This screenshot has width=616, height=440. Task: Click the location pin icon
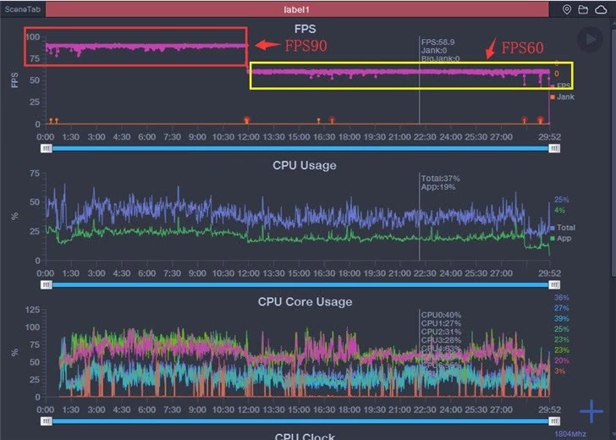(x=567, y=9)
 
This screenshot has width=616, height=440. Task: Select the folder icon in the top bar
(x=583, y=9)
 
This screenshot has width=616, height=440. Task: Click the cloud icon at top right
(x=600, y=9)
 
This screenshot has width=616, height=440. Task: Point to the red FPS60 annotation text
(x=522, y=48)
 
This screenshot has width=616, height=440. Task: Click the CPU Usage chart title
(x=304, y=165)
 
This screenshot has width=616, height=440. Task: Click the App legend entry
(x=562, y=239)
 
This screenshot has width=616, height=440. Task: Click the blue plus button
(x=591, y=412)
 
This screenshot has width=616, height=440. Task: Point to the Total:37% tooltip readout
(x=440, y=179)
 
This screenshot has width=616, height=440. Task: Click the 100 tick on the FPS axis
(x=32, y=37)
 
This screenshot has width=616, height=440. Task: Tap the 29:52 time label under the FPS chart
(x=551, y=135)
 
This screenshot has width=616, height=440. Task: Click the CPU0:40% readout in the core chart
(x=441, y=315)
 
